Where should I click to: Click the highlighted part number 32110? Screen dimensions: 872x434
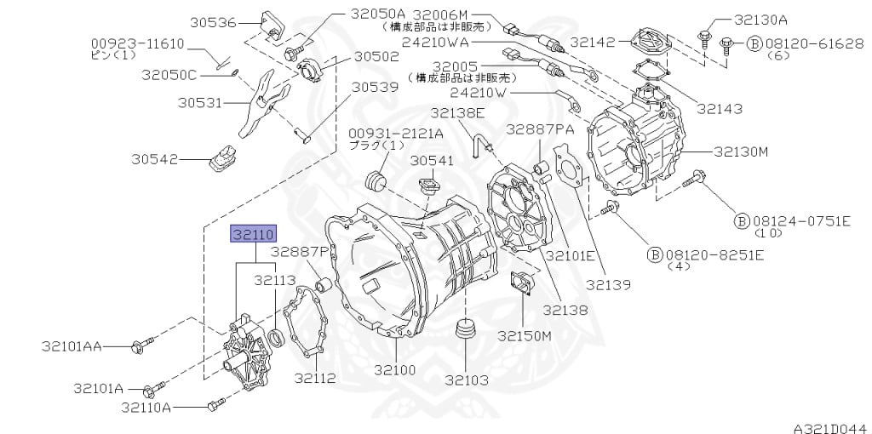[254, 235]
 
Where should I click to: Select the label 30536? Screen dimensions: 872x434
[213, 23]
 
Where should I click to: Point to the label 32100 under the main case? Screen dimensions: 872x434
[395, 369]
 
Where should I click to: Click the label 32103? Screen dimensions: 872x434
[467, 380]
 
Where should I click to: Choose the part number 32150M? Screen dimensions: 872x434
[524, 335]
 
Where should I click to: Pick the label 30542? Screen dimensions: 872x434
[155, 159]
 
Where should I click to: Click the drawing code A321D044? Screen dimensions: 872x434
[832, 428]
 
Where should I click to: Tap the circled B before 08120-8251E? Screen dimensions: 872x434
[655, 255]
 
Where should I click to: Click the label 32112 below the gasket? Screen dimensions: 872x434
[315, 378]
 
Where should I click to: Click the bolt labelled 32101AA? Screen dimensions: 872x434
[141, 345]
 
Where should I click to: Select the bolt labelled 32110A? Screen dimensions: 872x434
[216, 404]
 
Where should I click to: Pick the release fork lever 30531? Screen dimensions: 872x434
[262, 102]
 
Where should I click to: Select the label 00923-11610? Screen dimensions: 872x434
[137, 44]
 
